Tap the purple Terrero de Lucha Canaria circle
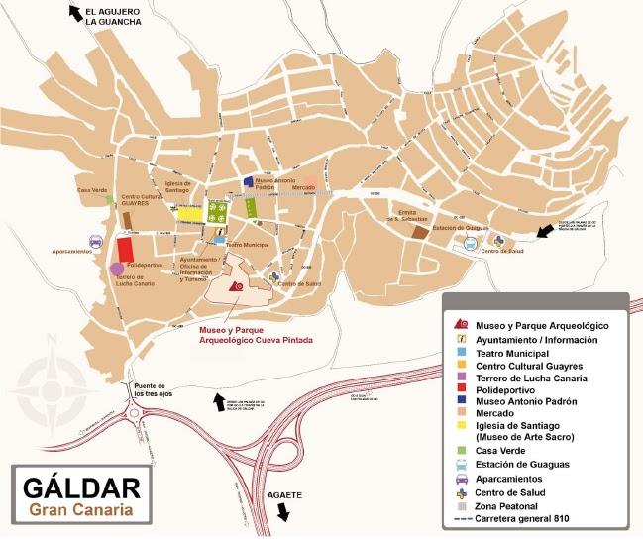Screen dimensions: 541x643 (x=117, y=269)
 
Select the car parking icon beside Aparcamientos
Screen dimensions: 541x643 (x=96, y=241)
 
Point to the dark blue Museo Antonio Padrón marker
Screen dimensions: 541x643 (x=248, y=182)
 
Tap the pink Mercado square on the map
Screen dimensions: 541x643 (x=310, y=184)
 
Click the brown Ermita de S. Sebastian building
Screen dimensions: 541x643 (x=420, y=232)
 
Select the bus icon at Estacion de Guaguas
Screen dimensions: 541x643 (x=471, y=242)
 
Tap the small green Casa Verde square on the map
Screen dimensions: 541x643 (x=110, y=199)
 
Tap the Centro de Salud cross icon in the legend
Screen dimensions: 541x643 (x=462, y=491)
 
